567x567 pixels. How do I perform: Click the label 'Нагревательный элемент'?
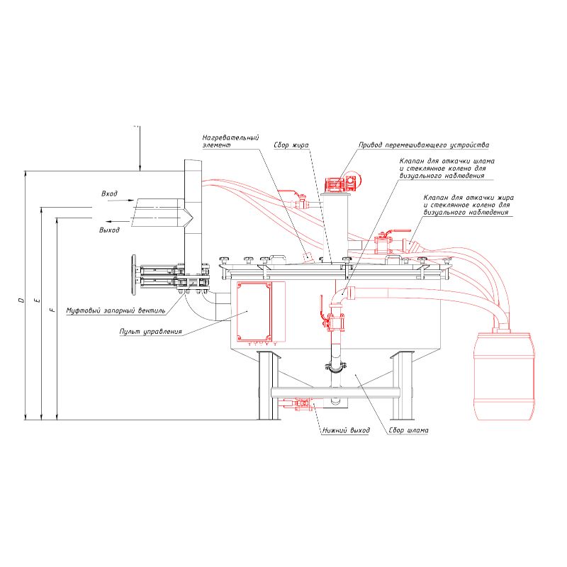231,141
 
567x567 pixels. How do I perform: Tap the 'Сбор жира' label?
291,145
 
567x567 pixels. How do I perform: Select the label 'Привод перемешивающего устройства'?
424,145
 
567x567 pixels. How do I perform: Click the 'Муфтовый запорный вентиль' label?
116,310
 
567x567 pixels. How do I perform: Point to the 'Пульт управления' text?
151,332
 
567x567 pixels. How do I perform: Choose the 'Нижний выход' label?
346,430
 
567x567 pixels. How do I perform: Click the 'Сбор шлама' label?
409,430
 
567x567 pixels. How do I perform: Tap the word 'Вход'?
109,193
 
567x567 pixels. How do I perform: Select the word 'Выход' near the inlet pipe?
109,230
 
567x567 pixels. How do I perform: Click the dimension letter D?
21,300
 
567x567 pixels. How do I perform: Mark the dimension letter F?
52,310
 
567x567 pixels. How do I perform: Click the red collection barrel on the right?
505,376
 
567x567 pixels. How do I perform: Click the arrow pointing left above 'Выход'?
116,221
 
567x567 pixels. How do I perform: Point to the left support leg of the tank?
269,386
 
